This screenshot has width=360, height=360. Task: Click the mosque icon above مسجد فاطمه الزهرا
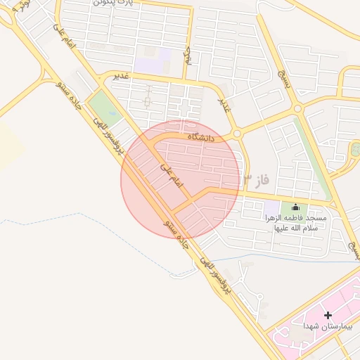click(x=295, y=207)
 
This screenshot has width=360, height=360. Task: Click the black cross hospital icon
click(x=328, y=315)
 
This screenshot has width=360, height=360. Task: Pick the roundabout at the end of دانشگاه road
click(x=237, y=133)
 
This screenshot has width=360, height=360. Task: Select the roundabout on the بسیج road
click(x=297, y=108)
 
